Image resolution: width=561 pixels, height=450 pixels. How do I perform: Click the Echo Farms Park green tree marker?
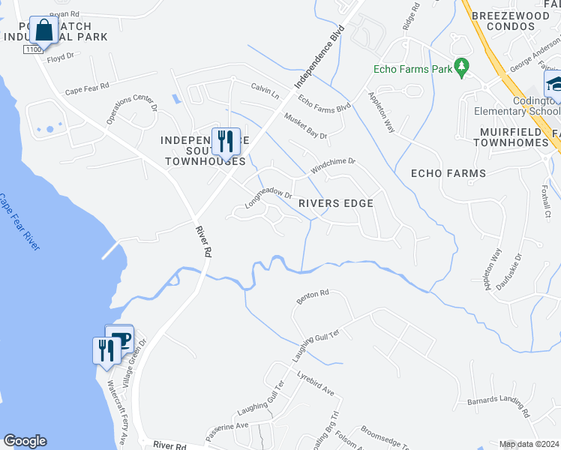(462, 68)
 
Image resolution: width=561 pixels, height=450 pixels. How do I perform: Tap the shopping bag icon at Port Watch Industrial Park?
(44, 31)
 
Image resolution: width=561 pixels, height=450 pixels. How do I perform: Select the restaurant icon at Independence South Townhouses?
(225, 139)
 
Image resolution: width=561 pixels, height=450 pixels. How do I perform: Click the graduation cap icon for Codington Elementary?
(554, 82)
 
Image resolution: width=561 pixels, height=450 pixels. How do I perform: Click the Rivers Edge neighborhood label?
(335, 203)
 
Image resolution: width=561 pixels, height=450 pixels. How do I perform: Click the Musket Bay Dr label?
(305, 125)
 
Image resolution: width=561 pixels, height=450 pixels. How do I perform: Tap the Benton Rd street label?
(313, 296)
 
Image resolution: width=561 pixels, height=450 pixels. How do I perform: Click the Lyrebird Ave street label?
(315, 382)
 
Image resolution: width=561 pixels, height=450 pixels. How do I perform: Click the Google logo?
(25, 441)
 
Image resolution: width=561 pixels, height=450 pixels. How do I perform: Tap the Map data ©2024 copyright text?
(529, 444)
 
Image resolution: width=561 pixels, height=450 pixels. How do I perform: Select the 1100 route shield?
(32, 49)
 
